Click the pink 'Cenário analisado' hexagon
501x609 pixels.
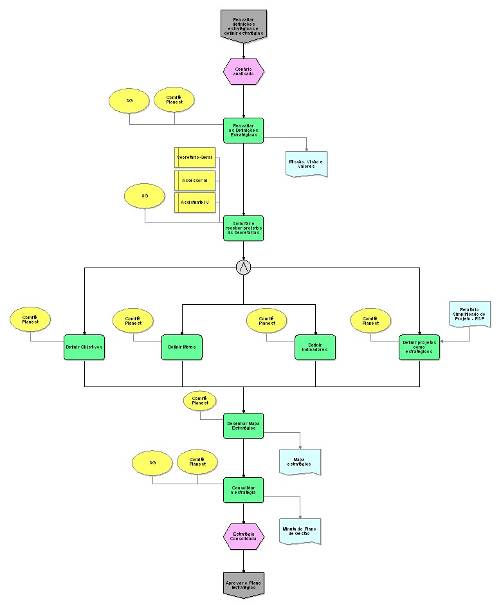[x=244, y=71]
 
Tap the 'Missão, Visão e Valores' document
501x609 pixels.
[x=306, y=163]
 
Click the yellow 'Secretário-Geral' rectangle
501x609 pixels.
[x=195, y=157]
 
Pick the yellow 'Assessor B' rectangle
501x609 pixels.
[x=195, y=181]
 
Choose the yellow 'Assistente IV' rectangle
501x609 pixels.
[x=195, y=202]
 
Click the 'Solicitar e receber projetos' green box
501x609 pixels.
[x=244, y=228]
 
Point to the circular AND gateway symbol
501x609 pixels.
[x=244, y=268]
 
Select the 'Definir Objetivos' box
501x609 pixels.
[x=84, y=347]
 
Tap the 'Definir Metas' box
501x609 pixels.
[x=181, y=347]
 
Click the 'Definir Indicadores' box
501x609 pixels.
[x=315, y=347]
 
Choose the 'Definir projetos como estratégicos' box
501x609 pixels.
[x=419, y=347]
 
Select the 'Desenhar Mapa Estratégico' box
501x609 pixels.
[x=244, y=426]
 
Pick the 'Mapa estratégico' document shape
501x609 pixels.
[x=300, y=462]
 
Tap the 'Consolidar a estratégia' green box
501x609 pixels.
[x=244, y=490]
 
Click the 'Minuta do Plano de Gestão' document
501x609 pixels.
[x=300, y=531]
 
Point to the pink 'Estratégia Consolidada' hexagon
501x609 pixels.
[x=244, y=537]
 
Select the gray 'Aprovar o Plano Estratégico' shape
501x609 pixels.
[x=244, y=584]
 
